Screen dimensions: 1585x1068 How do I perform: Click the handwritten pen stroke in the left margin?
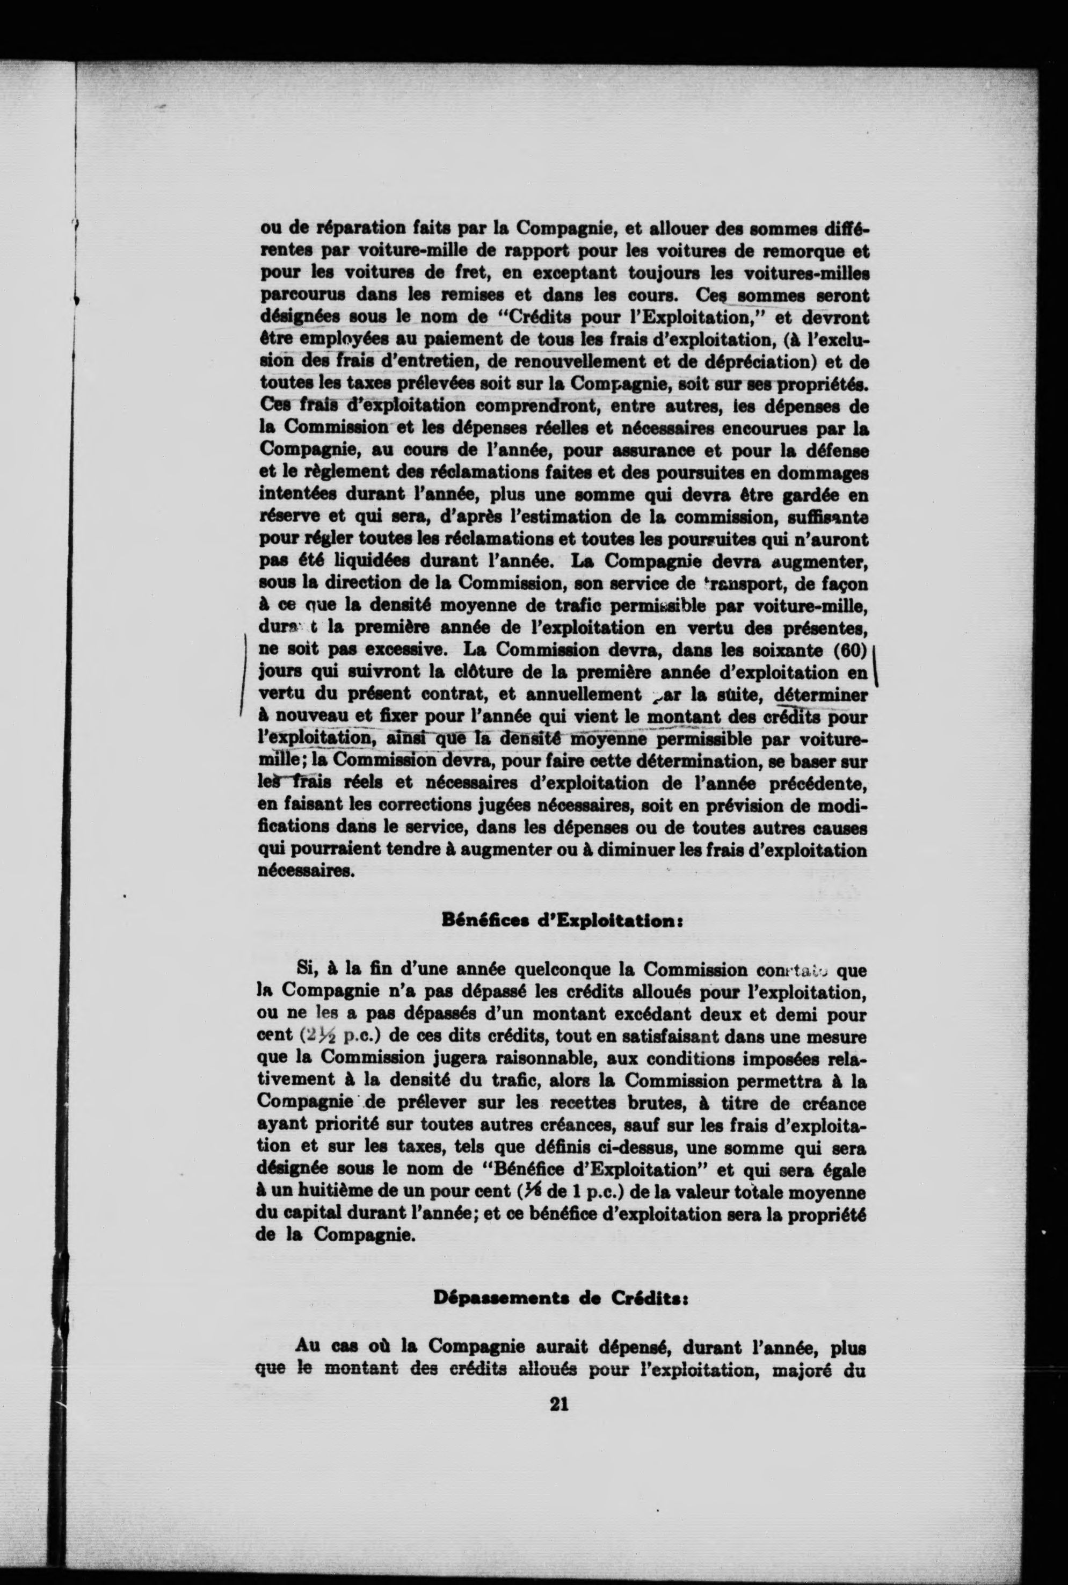pos(243,671)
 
